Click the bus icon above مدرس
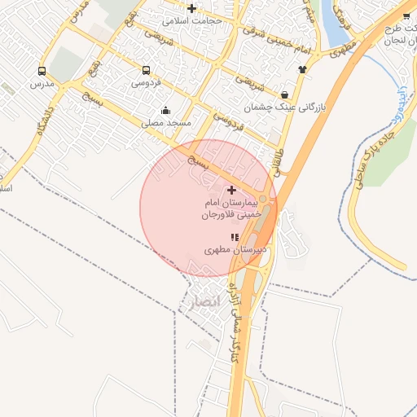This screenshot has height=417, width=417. tap(41, 72)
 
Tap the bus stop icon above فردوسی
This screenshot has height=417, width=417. tap(146, 71)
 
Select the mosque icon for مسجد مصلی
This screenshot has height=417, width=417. tap(166, 111)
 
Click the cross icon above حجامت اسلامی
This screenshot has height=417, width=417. tap(191, 7)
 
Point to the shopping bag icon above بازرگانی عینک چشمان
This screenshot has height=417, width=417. tap(283, 94)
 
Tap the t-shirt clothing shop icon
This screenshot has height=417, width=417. tap(303, 69)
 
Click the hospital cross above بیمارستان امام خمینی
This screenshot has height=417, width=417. tap(231, 189)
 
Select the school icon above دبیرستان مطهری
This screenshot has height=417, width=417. tap(235, 237)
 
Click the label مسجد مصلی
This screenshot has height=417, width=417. tap(166, 123)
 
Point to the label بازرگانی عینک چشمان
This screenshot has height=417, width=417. tap(297, 107)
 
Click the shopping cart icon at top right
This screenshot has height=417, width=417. tap(406, 15)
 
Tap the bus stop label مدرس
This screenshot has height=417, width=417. tap(41, 84)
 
